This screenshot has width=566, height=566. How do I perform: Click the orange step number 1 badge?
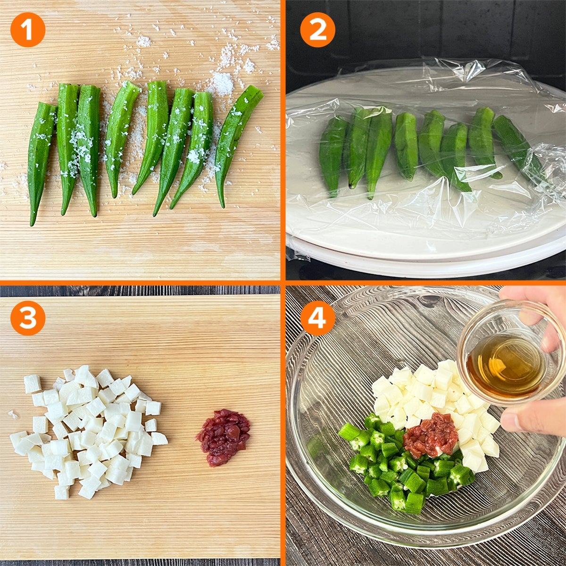click(28, 29)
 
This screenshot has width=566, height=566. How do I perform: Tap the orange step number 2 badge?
click(317, 29)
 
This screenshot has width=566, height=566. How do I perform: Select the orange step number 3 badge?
click(28, 318)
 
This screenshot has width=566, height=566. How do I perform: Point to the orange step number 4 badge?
click(317, 318)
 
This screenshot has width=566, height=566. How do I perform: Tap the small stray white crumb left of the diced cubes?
click(13, 415)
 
